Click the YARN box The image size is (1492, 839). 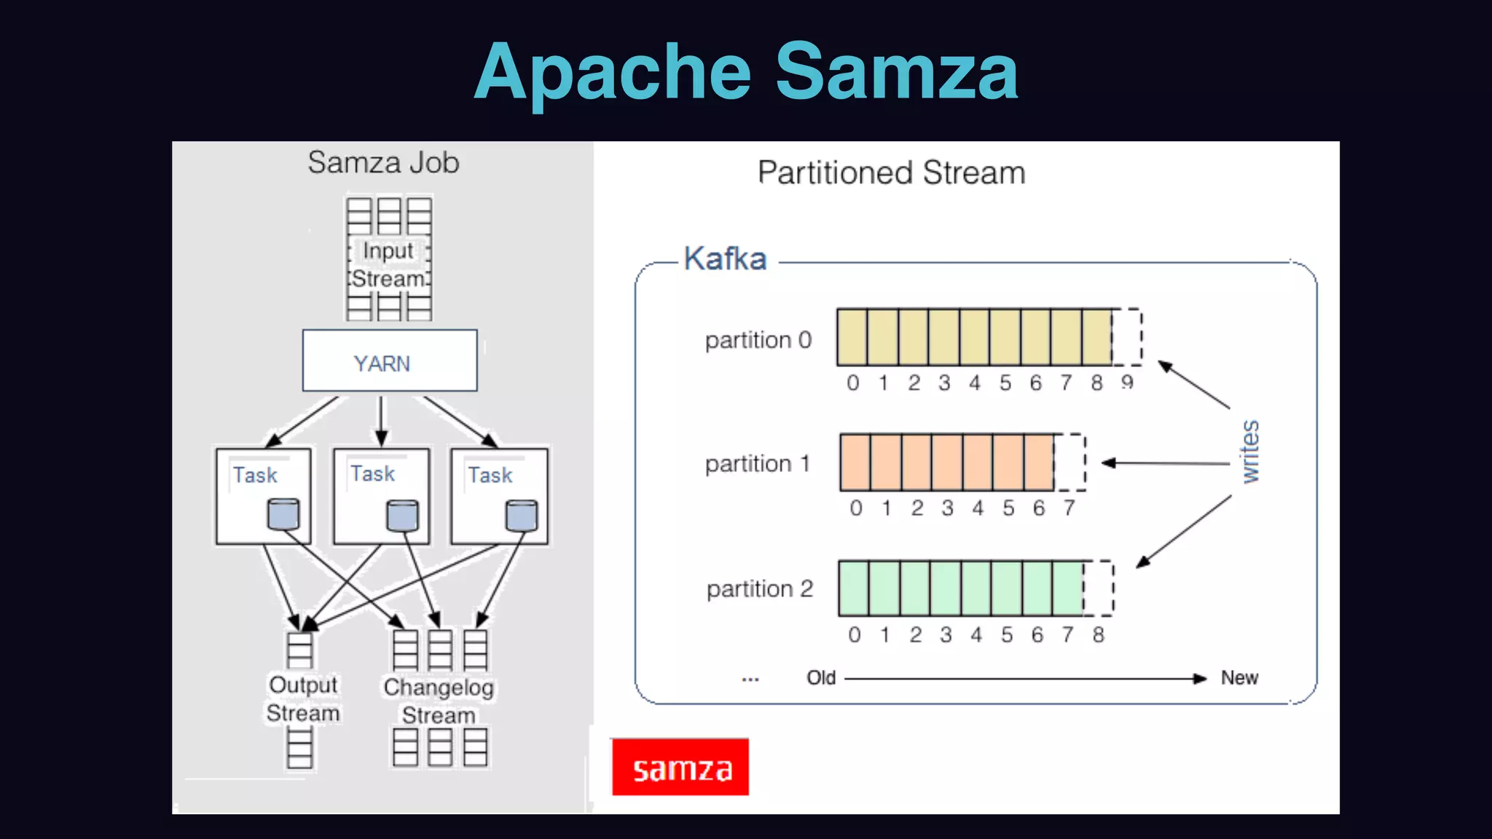[390, 361]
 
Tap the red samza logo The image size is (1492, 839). [680, 767]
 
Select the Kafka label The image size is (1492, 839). [725, 259]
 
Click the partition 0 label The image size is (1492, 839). [758, 340]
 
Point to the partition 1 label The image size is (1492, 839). [758, 464]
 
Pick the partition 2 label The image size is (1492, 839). [759, 588]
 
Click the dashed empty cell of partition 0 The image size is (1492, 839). [1127, 337]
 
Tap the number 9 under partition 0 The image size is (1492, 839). [1127, 382]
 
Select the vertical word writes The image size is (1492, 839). [1250, 452]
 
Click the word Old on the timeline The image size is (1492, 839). [821, 678]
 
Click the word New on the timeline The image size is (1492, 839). [1239, 678]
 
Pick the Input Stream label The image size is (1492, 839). [389, 264]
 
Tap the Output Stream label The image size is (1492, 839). [303, 698]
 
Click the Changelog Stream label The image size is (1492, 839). [439, 701]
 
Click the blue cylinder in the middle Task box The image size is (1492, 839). [402, 516]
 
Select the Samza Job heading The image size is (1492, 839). [383, 162]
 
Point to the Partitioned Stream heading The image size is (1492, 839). [891, 173]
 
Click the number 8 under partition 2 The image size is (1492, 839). [1098, 635]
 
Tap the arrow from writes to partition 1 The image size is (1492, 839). [1166, 463]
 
